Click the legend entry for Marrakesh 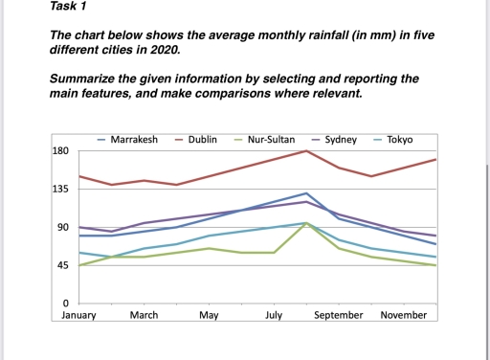click(x=134, y=140)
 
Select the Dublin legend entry click(x=202, y=140)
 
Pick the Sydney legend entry click(x=341, y=140)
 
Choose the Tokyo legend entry click(x=399, y=140)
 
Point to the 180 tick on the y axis click(x=58, y=152)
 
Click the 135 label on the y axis click(x=58, y=190)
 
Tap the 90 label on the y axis click(x=61, y=228)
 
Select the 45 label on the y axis click(x=61, y=265)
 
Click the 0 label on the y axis click(x=64, y=304)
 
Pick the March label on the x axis click(x=144, y=315)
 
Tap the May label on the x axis click(x=209, y=315)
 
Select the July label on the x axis click(x=274, y=315)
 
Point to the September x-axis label click(x=339, y=315)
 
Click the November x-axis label click(x=403, y=315)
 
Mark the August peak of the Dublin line click(x=306, y=151)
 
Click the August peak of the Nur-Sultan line click(x=306, y=223)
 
